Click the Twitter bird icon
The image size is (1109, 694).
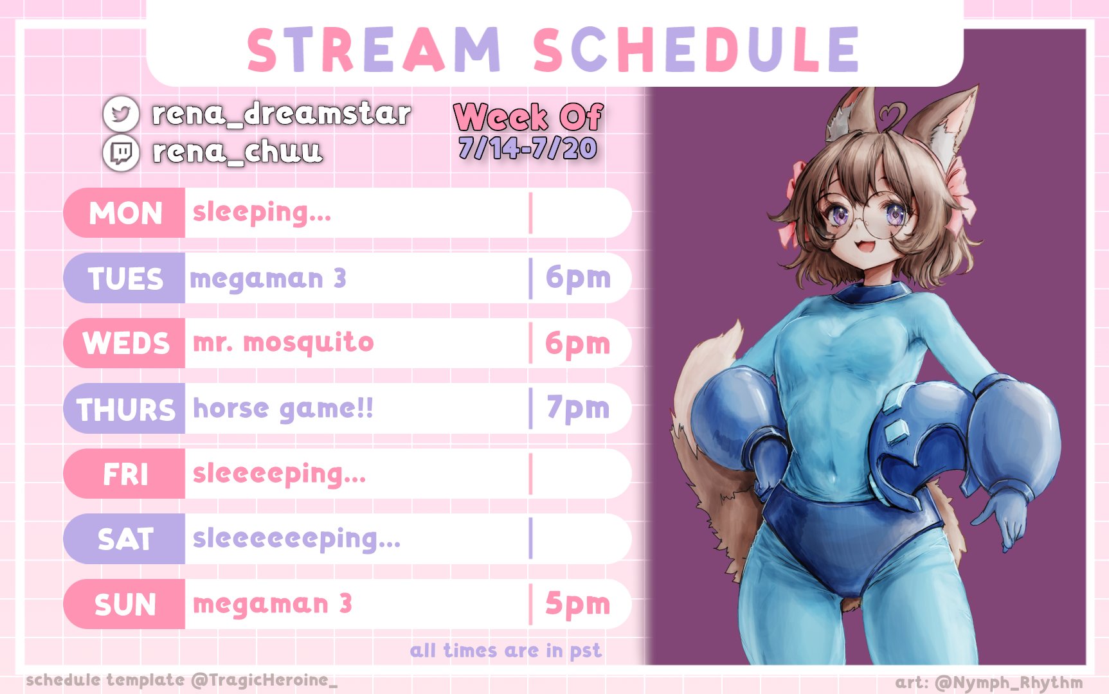point(121,114)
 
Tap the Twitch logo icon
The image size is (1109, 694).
point(121,152)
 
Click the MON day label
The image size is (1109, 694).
point(125,213)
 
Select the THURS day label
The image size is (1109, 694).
point(126,409)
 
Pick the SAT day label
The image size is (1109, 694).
point(125,539)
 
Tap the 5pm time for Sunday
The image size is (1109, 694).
point(577,604)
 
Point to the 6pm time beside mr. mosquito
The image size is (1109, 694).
point(577,344)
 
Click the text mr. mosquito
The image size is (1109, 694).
point(284,343)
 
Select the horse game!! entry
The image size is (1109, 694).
point(283,409)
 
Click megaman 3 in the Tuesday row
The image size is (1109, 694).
point(268,279)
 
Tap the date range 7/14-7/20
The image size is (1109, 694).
point(528,148)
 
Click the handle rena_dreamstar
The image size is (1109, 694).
point(281,114)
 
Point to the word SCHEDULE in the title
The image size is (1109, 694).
point(696,49)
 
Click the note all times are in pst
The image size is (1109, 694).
point(506,651)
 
